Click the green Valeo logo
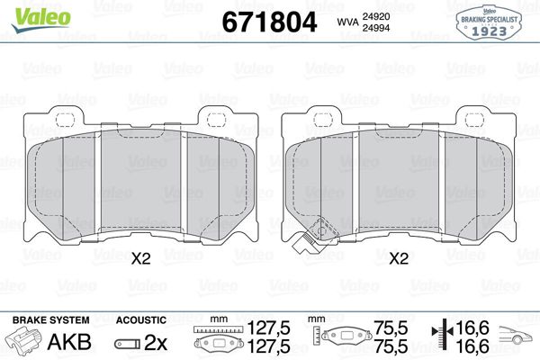[x=40, y=19]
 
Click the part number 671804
[x=269, y=22]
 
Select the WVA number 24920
[x=375, y=16]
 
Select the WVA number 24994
[x=375, y=28]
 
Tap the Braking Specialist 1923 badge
[x=489, y=23]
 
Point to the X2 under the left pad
[x=141, y=258]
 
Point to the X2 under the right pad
[x=399, y=258]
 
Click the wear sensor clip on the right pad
[x=313, y=235]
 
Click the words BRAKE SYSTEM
[x=51, y=320]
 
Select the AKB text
[x=69, y=342]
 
